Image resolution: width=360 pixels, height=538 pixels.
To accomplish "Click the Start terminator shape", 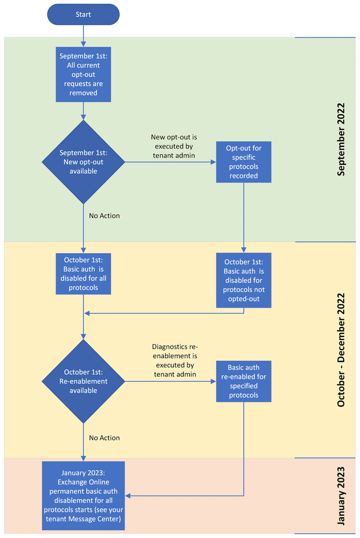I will (x=84, y=14).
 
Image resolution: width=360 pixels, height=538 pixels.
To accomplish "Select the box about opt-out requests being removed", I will (x=84, y=74).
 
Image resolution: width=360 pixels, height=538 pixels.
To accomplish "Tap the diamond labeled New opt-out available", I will (x=84, y=162).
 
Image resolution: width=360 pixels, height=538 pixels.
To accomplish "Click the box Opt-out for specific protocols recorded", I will (x=244, y=162).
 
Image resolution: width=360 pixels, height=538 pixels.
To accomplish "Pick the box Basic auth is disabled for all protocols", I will (x=84, y=274).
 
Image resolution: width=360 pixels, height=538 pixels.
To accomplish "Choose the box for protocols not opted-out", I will (x=244, y=281).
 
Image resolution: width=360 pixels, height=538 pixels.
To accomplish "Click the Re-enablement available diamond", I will (x=84, y=381).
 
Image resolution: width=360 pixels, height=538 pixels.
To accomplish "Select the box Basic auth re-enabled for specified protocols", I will (x=244, y=381).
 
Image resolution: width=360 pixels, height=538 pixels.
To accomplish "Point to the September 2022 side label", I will (x=341, y=139).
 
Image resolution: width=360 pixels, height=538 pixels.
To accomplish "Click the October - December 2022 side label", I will (x=341, y=350).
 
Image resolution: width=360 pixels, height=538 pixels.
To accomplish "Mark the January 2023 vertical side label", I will (x=341, y=495).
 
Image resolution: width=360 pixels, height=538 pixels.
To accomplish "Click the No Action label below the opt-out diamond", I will (x=104, y=216).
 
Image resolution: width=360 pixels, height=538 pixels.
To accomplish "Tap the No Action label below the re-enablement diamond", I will (x=104, y=438).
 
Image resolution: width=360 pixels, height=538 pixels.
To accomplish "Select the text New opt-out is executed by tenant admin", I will (x=172, y=146).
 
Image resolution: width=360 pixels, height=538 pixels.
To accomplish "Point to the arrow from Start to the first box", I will (x=84, y=35).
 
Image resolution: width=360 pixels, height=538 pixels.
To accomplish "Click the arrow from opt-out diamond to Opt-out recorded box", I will (x=170, y=162).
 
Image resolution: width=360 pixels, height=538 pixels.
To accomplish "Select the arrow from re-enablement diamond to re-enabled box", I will (x=170, y=382).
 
